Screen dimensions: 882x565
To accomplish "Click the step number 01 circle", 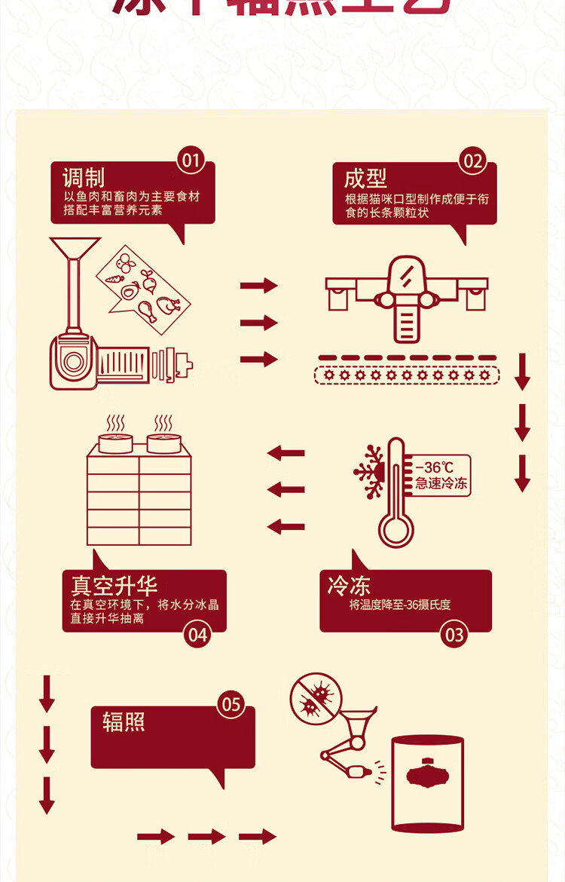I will click(191, 161).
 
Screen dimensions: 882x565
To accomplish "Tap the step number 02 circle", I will click(472, 161).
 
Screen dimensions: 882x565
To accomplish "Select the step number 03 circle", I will click(454, 635).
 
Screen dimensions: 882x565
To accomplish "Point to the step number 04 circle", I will click(197, 635).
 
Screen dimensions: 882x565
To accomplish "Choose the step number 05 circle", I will click(231, 705).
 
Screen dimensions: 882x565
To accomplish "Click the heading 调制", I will click(83, 178).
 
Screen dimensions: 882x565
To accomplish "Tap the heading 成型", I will click(365, 179).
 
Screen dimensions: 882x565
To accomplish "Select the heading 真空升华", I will click(114, 586).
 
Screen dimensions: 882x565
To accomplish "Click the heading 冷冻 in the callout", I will click(349, 586).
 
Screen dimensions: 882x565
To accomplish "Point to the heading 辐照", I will click(124, 722).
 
